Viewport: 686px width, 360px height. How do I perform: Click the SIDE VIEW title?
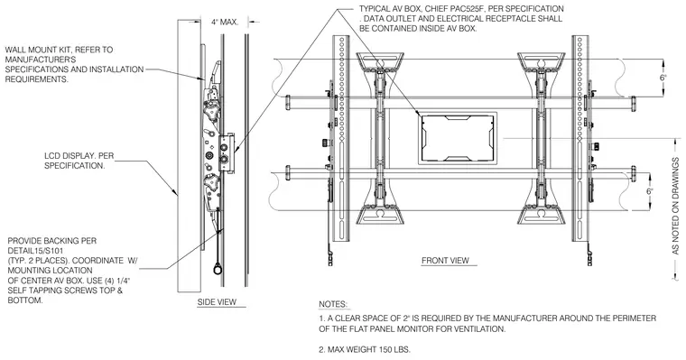[217, 302]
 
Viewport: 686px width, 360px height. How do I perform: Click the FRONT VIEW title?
[445, 260]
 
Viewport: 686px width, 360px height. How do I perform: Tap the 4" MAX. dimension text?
[225, 22]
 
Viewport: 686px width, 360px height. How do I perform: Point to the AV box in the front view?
[458, 138]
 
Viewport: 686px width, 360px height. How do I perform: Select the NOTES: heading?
[333, 304]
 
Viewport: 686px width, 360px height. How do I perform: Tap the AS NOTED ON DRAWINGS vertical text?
[675, 206]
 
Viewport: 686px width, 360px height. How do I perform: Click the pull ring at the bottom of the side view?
[217, 269]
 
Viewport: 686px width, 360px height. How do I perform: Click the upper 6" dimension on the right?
[663, 78]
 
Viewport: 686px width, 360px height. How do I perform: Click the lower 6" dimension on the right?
[650, 191]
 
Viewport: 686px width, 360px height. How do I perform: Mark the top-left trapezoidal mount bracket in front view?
[380, 61]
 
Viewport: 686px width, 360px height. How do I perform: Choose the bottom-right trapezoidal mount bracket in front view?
[542, 216]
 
